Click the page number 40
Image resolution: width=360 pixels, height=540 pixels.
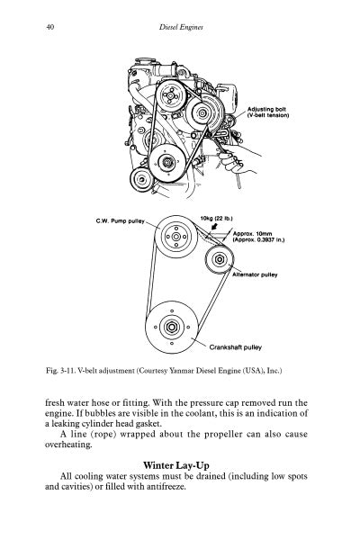49,27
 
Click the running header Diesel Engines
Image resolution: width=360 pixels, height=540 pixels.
181,27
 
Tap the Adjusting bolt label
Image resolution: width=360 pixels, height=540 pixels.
268,112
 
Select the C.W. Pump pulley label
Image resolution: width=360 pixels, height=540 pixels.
121,220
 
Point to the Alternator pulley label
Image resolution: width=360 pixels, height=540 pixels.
255,274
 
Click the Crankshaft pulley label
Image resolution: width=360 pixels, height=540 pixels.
235,347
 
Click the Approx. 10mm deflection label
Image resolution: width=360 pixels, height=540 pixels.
258,237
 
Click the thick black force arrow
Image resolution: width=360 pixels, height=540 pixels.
214,226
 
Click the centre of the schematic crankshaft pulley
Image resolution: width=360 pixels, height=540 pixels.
172,327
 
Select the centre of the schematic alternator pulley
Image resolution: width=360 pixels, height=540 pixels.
220,259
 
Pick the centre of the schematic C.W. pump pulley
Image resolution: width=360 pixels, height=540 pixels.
175,237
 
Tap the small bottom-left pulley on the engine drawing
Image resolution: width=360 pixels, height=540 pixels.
141,179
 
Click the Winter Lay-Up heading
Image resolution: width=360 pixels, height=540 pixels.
176,465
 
